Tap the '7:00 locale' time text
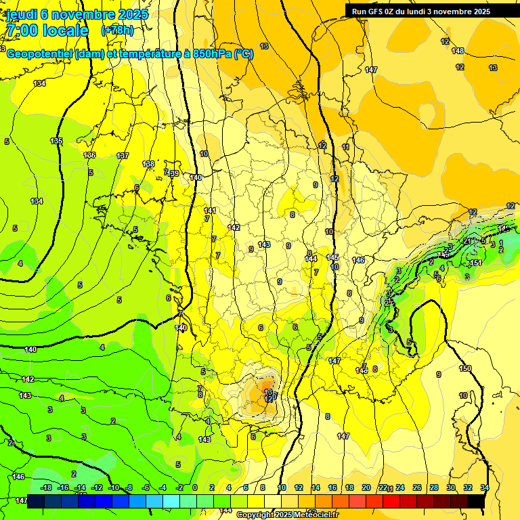tap(47, 30)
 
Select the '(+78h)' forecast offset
tap(117, 30)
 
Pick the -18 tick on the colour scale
tap(46, 487)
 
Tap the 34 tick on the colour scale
tap(485, 487)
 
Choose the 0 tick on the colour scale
tap(194, 487)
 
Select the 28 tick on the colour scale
tap(433, 487)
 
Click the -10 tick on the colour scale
tap(114, 487)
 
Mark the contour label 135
tap(56, 142)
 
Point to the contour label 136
tap(89, 155)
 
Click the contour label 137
tap(123, 156)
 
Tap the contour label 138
tap(148, 165)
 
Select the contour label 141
tap(211, 211)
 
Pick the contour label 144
tap(311, 259)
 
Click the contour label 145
tap(332, 258)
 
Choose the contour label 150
tap(465, 369)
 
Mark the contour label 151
tap(475, 263)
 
